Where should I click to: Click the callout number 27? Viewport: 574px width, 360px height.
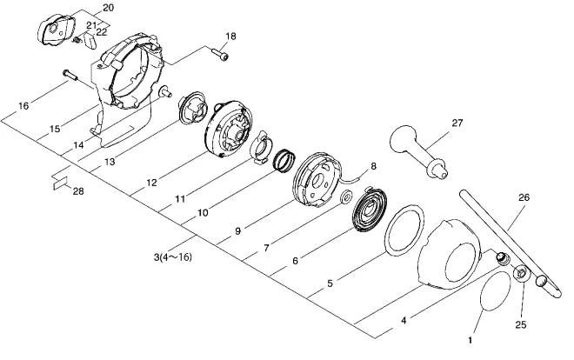click(x=457, y=123)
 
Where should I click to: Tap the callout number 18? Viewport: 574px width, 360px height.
click(x=230, y=37)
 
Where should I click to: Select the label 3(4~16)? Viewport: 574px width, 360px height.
click(x=172, y=257)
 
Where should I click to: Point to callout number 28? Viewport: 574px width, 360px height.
click(x=78, y=191)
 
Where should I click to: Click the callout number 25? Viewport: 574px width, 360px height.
click(x=521, y=324)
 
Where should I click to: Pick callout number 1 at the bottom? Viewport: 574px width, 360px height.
click(x=470, y=340)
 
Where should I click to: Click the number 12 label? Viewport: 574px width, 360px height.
click(x=151, y=183)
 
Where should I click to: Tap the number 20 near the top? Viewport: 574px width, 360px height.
click(x=108, y=7)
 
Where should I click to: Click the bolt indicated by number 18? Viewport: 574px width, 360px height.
click(x=220, y=54)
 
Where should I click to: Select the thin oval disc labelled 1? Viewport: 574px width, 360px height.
click(x=496, y=291)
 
